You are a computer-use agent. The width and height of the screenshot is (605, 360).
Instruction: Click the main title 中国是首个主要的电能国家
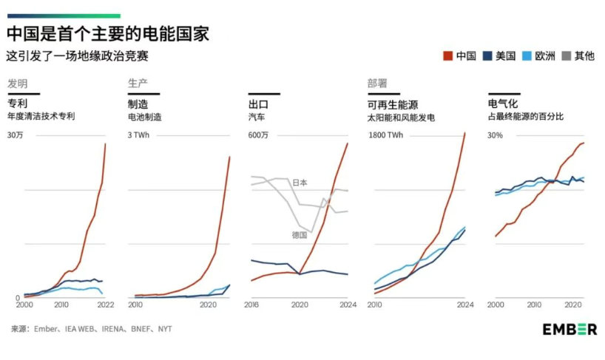click(108, 33)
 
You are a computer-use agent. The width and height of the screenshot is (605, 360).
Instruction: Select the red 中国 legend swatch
click(447, 55)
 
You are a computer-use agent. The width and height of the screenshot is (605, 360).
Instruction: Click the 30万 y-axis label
click(16, 135)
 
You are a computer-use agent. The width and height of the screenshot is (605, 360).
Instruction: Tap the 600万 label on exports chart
click(258, 135)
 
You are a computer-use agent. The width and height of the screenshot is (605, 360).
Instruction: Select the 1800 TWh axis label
click(385, 135)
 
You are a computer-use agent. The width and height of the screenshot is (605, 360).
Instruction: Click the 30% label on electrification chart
click(495, 135)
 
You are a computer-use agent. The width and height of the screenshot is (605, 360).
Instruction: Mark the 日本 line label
click(300, 182)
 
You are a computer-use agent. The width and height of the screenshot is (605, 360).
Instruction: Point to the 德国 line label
click(300, 234)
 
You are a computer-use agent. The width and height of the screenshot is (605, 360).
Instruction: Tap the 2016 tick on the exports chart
click(251, 305)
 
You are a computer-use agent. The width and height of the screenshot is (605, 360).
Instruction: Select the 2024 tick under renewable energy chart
click(464, 305)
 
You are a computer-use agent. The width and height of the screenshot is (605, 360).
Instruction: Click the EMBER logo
click(569, 329)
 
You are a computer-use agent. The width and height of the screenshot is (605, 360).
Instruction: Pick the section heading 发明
click(17, 83)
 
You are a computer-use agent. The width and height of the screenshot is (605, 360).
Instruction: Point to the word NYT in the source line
click(164, 329)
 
